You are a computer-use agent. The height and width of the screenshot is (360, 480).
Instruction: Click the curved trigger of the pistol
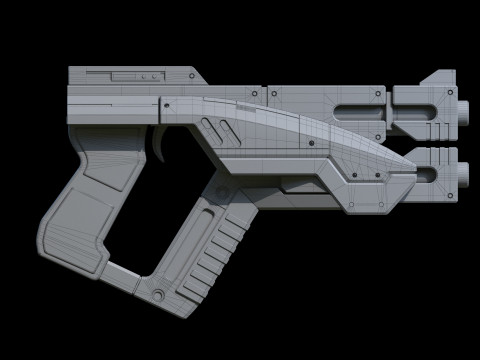tap(163, 144)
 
